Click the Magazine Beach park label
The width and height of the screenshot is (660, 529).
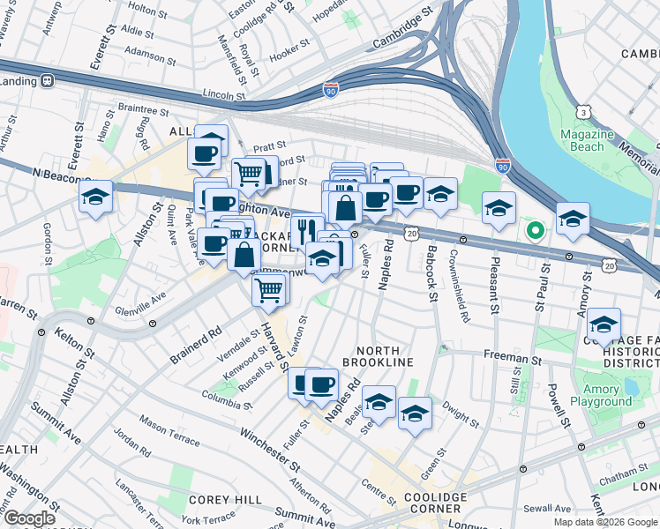(x=588, y=140)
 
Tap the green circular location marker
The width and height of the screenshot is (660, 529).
(x=535, y=231)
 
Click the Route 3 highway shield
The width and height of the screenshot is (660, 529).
(x=583, y=112)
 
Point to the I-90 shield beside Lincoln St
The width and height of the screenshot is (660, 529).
(x=328, y=89)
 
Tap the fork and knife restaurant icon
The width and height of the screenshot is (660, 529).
(x=307, y=231)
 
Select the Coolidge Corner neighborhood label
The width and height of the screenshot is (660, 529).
(x=432, y=504)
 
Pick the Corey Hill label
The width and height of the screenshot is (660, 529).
(x=224, y=499)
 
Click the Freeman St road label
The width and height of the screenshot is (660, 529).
(x=511, y=359)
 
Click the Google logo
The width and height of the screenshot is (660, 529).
(x=30, y=518)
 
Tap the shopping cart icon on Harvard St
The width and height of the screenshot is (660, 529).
(x=269, y=288)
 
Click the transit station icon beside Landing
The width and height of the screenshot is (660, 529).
(x=47, y=80)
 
